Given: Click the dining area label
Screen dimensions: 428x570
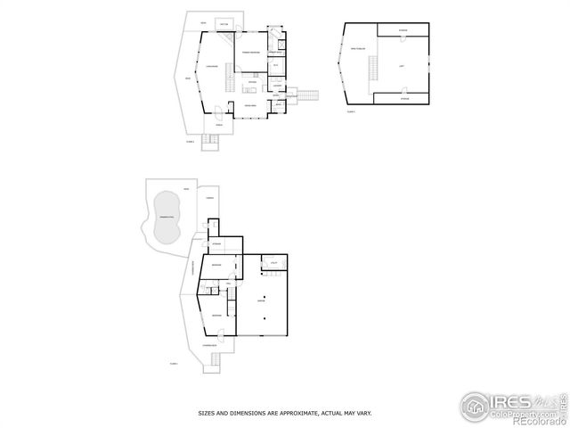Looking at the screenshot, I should click(251, 105).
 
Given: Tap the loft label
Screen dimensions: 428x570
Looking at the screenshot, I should click(402, 65).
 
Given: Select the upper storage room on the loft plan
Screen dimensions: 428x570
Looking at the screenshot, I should click(403, 30).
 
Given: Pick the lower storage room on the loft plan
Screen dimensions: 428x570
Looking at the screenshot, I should click(403, 98).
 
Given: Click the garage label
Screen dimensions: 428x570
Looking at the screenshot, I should click(262, 300).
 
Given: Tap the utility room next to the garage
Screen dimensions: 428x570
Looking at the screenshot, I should click(274, 261).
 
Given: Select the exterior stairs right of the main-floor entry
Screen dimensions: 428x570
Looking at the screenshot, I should click(307, 95).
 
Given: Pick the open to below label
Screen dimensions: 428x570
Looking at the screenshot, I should click(357, 48).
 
